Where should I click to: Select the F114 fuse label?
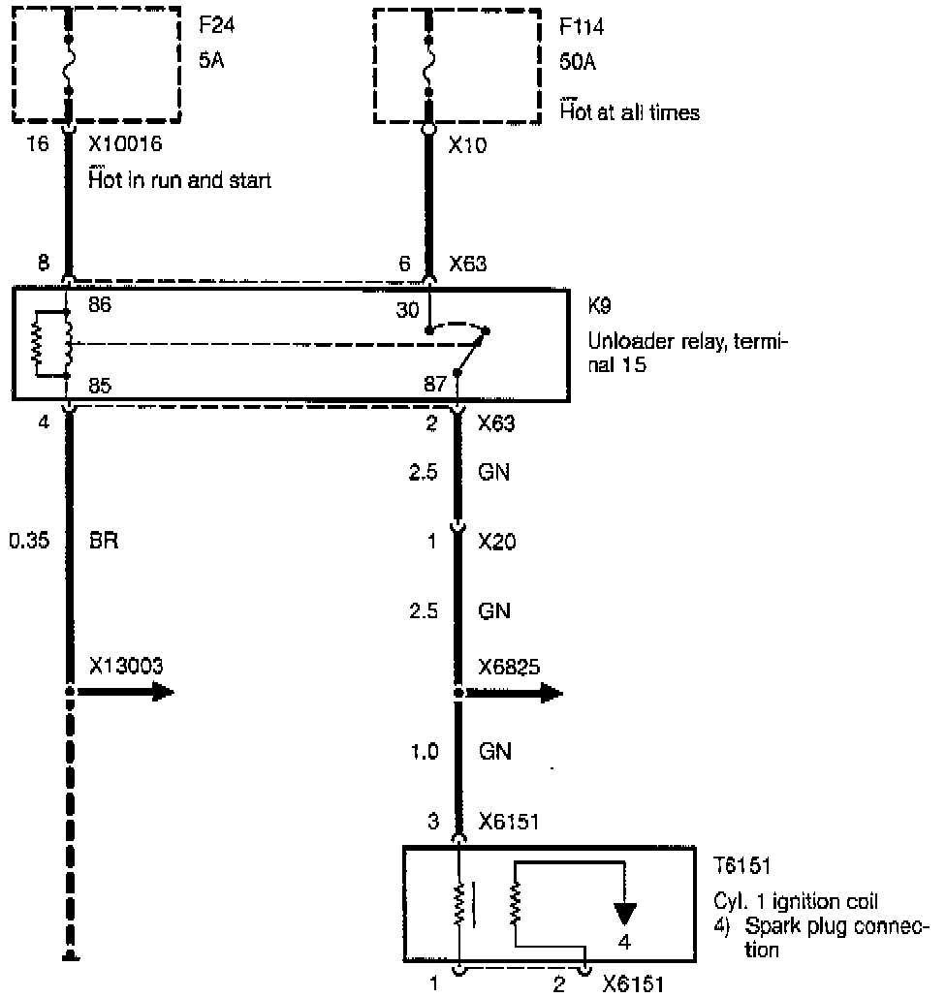pos(583,26)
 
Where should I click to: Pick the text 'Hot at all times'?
pos(630,113)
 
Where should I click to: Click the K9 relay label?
pos(600,304)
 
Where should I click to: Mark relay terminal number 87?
pos(435,385)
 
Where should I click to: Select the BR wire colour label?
pos(104,540)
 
